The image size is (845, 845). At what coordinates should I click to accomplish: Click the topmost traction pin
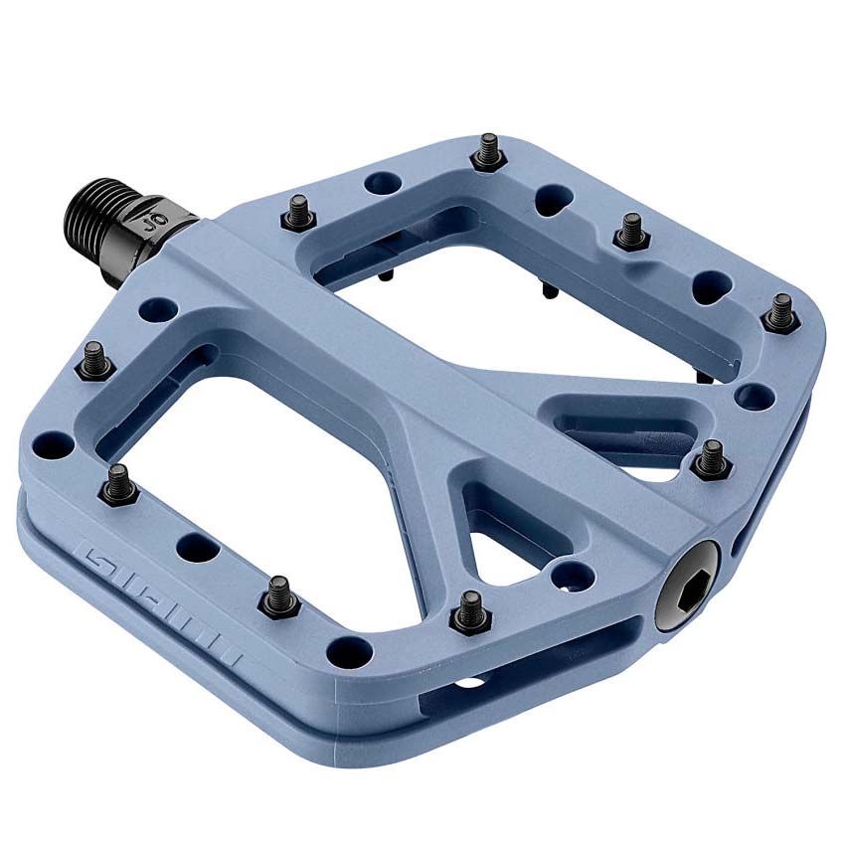(485, 151)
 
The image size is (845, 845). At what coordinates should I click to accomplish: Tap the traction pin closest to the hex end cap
(710, 458)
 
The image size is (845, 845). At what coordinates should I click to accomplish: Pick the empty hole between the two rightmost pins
(757, 396)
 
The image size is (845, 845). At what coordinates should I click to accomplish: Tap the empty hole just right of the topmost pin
(554, 198)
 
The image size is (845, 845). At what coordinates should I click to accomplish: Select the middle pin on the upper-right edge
(630, 230)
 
